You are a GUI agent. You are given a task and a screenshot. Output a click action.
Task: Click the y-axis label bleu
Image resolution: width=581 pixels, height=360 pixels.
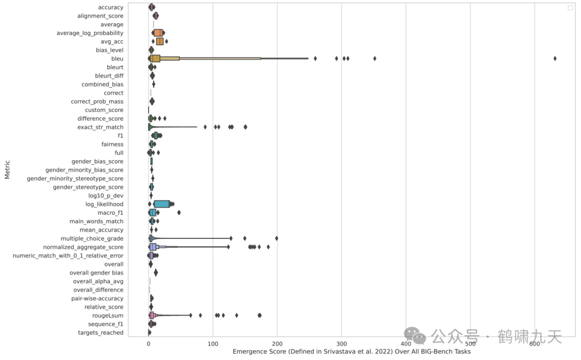point(117,59)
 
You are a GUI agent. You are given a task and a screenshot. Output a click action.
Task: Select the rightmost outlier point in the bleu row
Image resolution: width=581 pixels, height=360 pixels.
point(555,58)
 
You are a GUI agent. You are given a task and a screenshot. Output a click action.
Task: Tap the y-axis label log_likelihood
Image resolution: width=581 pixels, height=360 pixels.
point(104,204)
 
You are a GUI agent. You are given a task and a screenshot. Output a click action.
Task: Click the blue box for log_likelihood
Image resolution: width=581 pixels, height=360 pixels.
point(161,204)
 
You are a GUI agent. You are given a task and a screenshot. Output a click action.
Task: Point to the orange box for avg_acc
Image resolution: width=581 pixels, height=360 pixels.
point(160,41)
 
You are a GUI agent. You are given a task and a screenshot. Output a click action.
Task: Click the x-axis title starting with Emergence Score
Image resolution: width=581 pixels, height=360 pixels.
point(351,351)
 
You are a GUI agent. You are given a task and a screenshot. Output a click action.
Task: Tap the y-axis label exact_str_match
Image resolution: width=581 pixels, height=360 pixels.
point(100,127)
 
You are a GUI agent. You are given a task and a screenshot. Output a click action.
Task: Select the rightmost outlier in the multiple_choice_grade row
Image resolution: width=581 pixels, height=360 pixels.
point(277,238)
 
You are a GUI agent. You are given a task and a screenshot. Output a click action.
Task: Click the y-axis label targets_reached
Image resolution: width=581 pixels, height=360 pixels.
point(101,333)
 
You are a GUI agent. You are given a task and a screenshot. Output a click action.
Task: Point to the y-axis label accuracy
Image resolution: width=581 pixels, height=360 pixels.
point(111,8)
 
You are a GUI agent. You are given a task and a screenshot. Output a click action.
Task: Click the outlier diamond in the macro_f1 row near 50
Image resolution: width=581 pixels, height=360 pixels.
point(179,213)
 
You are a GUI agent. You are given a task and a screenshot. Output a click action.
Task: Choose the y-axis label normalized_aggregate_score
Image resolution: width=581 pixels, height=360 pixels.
point(83,247)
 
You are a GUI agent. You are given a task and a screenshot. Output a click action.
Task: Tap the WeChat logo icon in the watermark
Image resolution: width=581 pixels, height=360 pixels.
point(415,336)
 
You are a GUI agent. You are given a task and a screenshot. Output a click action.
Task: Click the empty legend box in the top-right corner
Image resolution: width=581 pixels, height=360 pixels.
point(570,8)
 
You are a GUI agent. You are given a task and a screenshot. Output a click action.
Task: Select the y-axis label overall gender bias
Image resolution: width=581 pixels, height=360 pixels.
point(96,273)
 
